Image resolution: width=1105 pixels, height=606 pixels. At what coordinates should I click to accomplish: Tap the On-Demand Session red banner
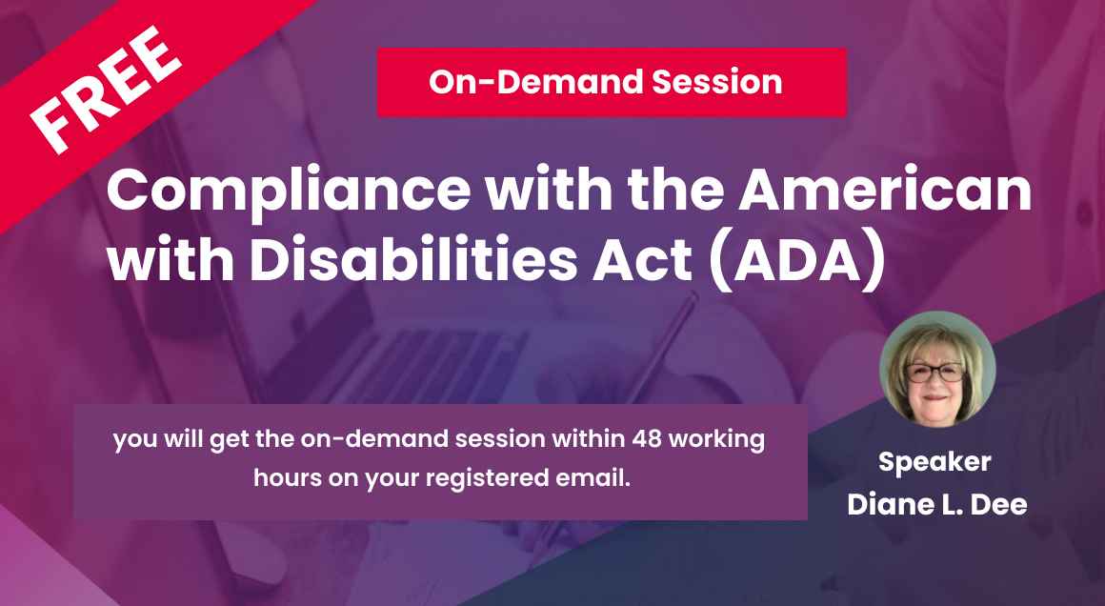(612, 83)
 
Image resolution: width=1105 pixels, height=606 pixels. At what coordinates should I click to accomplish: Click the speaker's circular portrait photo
(937, 368)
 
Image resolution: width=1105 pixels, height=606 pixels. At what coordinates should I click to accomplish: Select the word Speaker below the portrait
(934, 462)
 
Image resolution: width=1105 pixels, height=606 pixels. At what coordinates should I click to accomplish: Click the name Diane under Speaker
(891, 504)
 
